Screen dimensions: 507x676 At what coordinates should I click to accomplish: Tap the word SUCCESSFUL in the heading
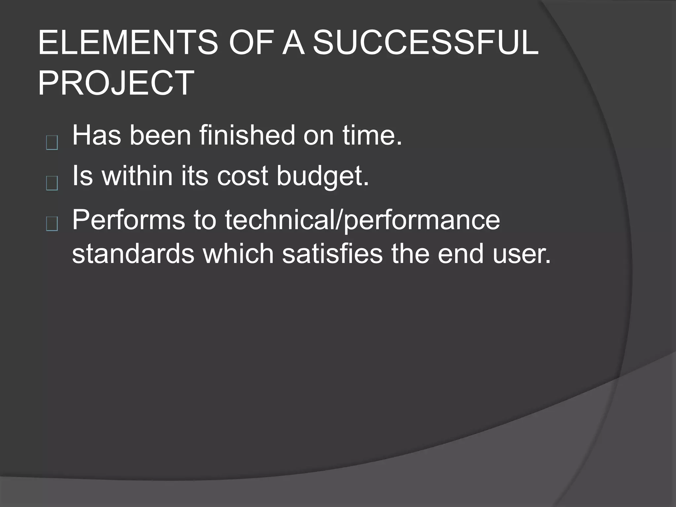[x=425, y=43]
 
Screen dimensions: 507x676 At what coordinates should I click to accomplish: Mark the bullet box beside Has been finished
[x=52, y=143]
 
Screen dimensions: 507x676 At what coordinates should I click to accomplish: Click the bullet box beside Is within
[x=52, y=184]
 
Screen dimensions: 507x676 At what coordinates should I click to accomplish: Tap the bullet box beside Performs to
[x=52, y=224]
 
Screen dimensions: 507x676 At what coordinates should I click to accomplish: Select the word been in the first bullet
[x=160, y=135]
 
